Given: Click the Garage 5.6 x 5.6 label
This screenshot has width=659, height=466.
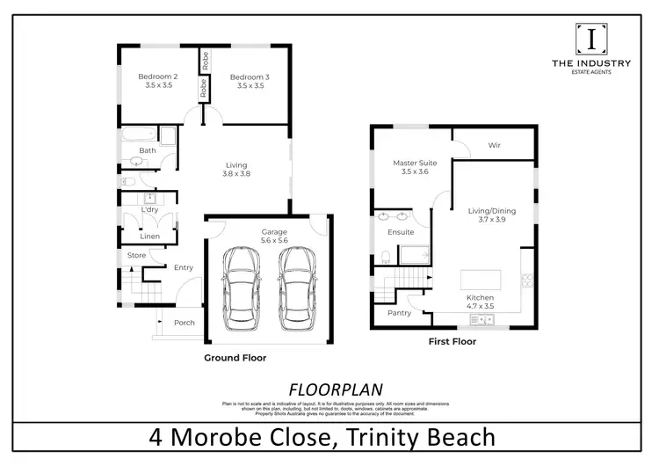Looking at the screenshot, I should point(274,236).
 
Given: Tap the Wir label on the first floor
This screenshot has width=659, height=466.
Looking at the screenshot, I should point(494,146).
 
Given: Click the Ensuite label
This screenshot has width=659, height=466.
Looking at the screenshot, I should point(401,232).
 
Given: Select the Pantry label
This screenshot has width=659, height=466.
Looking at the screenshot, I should point(399,313).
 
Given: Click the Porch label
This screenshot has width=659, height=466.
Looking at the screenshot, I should point(185,323).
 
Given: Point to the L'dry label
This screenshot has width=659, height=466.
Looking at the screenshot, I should point(149,210).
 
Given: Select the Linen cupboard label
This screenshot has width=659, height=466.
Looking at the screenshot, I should point(150,237).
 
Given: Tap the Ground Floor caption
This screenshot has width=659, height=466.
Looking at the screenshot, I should point(235,358).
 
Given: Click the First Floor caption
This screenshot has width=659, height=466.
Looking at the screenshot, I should point(452,341).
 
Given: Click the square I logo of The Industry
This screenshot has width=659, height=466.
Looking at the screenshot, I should point(590,39).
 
